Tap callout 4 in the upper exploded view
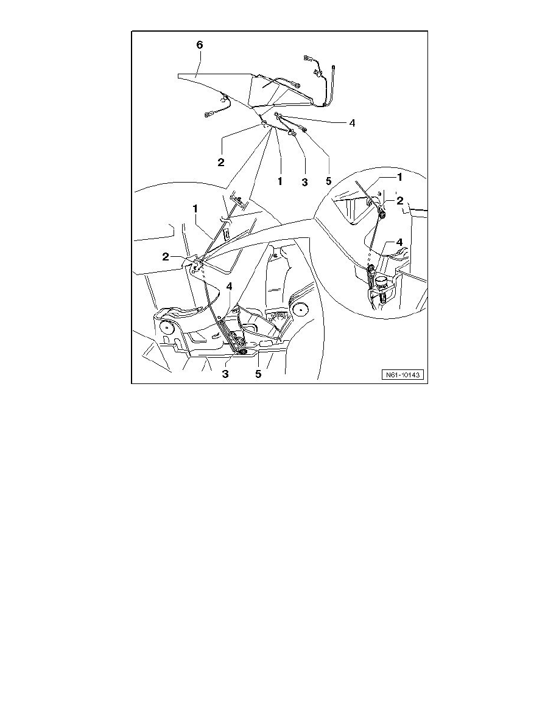pos(351,122)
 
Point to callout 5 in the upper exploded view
pos(329,181)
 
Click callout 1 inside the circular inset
pos(399,176)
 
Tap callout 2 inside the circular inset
pos(400,200)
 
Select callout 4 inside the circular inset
pos(400,242)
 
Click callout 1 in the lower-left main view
pos(196,208)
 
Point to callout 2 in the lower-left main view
pos(165,257)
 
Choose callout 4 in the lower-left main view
pos(229,286)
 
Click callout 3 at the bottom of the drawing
pos(225,374)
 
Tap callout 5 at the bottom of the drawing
pos(258,374)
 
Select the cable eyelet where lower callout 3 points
pos(243,351)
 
